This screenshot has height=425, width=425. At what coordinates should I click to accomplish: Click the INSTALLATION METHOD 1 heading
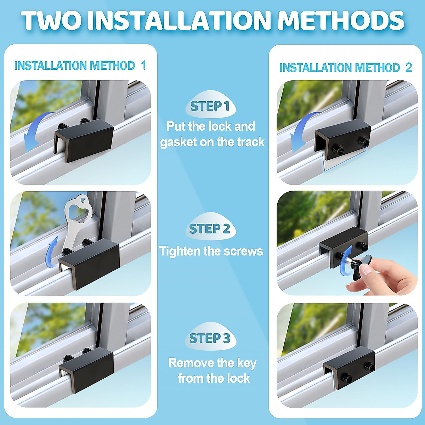(80, 66)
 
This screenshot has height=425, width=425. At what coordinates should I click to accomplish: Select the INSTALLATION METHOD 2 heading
(346, 68)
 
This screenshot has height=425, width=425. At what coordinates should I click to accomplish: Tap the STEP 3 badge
(210, 338)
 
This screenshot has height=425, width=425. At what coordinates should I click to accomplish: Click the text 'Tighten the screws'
(211, 251)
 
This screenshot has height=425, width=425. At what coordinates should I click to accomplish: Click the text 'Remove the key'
(212, 363)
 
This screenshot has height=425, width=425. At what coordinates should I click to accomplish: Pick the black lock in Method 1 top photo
(85, 140)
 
